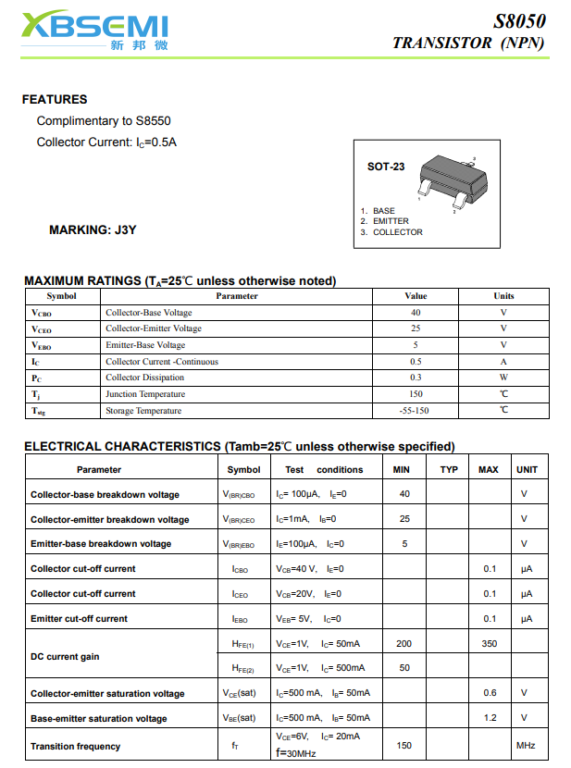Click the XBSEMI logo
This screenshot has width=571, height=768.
[94, 31]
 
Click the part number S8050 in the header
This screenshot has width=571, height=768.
[518, 21]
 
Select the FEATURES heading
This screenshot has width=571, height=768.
[55, 99]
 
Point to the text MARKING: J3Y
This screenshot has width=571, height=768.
[93, 229]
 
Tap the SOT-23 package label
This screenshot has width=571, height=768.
[386, 167]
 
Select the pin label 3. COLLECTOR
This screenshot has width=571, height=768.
[391, 232]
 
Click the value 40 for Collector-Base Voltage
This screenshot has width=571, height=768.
[416, 313]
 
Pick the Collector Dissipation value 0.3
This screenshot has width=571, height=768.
[416, 378]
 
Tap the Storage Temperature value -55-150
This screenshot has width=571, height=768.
[415, 411]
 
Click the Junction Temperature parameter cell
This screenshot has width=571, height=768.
[145, 394]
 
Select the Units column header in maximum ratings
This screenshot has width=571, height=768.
[503, 296]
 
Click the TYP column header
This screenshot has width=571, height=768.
[449, 470]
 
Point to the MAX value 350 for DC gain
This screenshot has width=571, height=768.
[489, 643]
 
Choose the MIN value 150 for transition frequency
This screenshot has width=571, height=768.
[403, 746]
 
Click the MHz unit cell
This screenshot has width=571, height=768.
[526, 746]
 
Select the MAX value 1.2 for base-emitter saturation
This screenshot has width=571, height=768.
[490, 718]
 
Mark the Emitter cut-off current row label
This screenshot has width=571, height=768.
[79, 618]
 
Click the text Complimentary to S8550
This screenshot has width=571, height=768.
[104, 121]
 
